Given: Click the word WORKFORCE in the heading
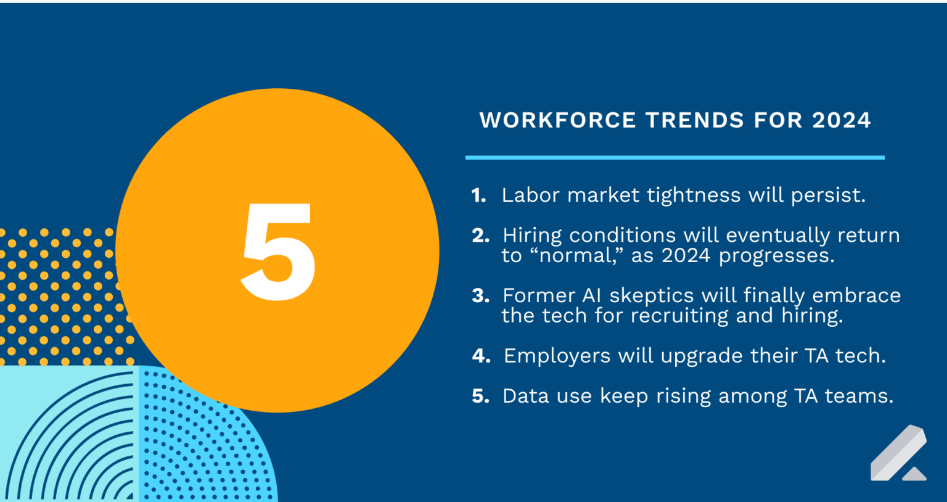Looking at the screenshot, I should pos(557,120).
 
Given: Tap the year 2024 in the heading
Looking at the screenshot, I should pos(841,120).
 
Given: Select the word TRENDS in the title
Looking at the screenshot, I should pos(694,120).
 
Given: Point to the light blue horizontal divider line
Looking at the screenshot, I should pos(674,158).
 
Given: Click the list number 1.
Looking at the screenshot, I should pos(478,195).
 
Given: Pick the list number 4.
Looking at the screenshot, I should pos(481,356).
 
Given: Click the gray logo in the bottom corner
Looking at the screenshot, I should pos(898,453).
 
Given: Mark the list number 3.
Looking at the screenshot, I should pos(480,296).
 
